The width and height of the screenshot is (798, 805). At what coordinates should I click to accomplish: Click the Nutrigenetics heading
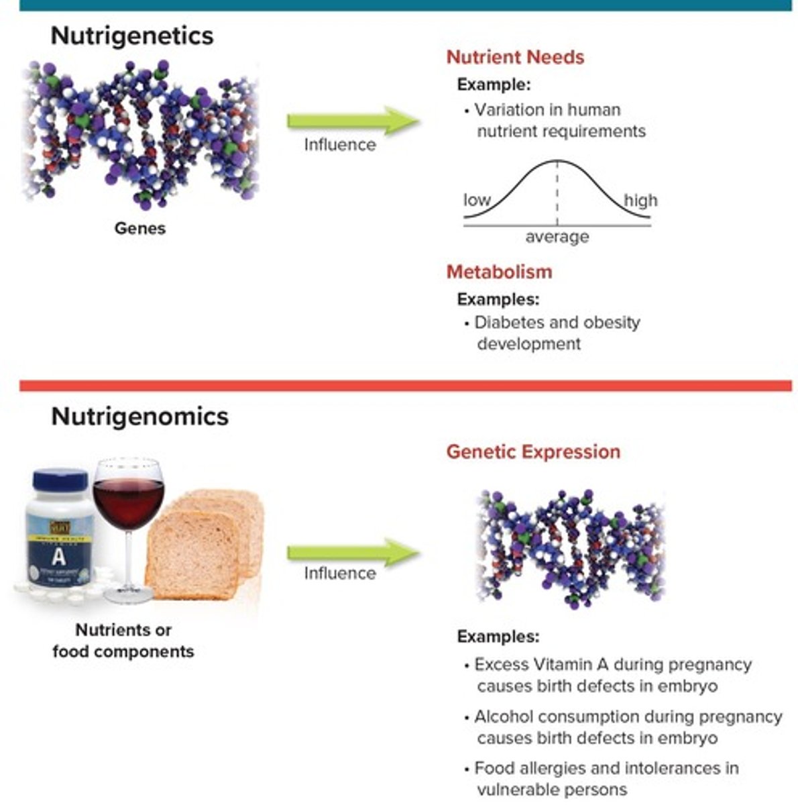point(132,36)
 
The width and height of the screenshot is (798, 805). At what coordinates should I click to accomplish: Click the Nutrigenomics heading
point(139,417)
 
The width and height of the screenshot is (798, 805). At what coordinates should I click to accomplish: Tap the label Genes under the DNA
point(139,228)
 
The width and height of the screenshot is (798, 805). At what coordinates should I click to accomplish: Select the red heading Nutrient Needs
point(515,57)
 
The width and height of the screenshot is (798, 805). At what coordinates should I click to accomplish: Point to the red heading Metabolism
point(499,272)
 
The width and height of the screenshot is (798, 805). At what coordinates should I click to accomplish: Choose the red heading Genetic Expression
point(533,451)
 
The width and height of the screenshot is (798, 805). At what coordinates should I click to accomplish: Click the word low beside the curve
point(477,200)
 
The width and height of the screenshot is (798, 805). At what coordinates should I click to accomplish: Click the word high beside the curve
point(640,200)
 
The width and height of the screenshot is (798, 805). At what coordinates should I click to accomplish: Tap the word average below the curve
point(557,237)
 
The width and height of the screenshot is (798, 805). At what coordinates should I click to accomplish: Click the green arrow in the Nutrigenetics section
point(353,121)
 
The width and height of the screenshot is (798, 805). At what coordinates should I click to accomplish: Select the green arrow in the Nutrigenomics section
point(353,552)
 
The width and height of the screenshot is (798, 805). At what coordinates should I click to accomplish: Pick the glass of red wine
point(128,510)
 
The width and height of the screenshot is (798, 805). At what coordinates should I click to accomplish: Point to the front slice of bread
point(191,557)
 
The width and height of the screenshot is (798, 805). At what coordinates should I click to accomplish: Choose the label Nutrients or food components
point(123,641)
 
